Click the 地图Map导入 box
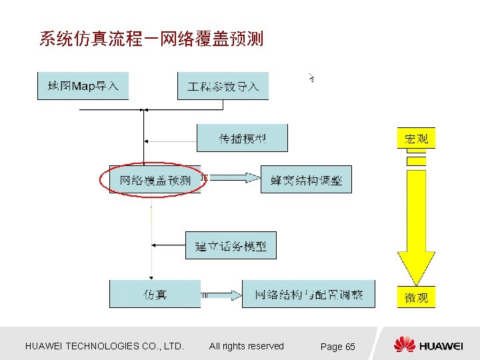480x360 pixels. click(x=83, y=86)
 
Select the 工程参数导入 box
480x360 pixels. click(x=223, y=86)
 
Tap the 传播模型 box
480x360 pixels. click(x=241, y=138)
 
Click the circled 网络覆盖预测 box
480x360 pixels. click(x=155, y=180)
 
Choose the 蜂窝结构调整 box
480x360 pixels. click(x=305, y=180)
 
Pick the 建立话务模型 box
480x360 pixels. click(x=231, y=246)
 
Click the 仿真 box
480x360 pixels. click(x=155, y=294)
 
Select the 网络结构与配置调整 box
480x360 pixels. click(x=308, y=294)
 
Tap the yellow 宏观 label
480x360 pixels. click(x=416, y=139)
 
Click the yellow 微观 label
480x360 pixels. click(x=416, y=297)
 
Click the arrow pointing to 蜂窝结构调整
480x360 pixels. click(x=233, y=177)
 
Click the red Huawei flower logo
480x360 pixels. click(x=404, y=345)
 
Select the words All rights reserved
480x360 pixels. click(x=246, y=346)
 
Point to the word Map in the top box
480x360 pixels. click(x=84, y=85)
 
